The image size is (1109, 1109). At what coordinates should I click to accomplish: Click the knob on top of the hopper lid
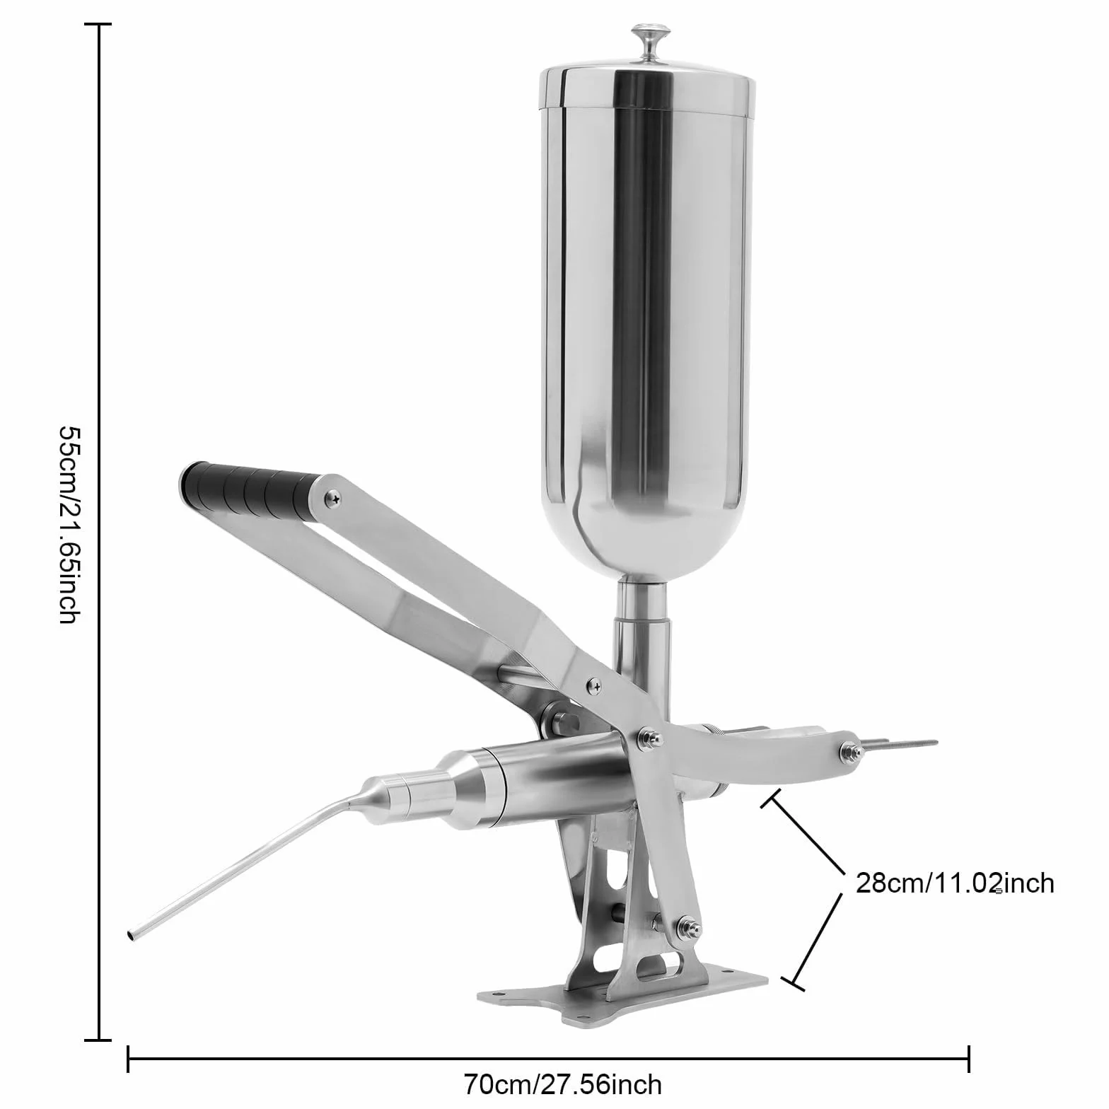tap(646, 45)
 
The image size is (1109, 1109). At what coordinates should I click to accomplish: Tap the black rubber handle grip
tap(248, 489)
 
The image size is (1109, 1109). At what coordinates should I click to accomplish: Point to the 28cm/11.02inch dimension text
tap(955, 883)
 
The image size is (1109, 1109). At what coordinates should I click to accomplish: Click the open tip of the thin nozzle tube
tap(132, 935)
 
